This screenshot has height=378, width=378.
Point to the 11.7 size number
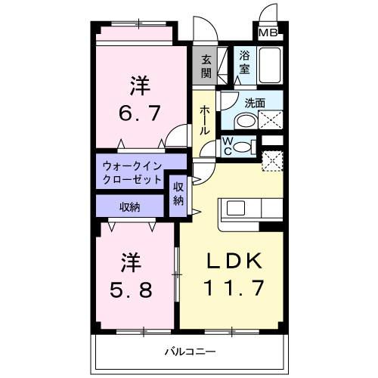click(234, 288)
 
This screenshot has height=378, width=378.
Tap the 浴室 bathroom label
click(245, 61)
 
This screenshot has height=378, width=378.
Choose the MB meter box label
click(268, 33)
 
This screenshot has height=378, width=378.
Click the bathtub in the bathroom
click(269, 65)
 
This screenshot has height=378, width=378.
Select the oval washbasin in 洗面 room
click(244, 122)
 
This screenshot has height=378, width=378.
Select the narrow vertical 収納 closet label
click(178, 194)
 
